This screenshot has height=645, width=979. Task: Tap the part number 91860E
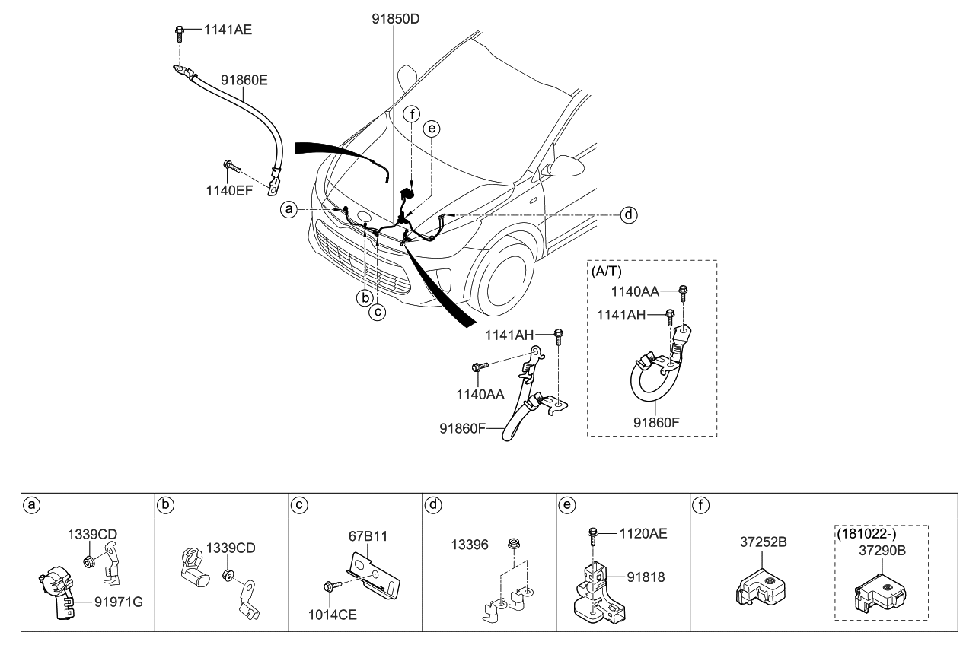click(x=244, y=78)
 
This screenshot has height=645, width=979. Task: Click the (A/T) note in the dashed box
click(x=607, y=271)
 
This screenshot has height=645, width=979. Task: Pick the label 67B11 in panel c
click(x=369, y=536)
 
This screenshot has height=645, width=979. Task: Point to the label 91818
click(x=646, y=577)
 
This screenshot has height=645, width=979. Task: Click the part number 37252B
click(x=763, y=542)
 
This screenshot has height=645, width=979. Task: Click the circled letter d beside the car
click(x=628, y=215)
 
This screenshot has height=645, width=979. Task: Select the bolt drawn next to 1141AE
click(x=180, y=33)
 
